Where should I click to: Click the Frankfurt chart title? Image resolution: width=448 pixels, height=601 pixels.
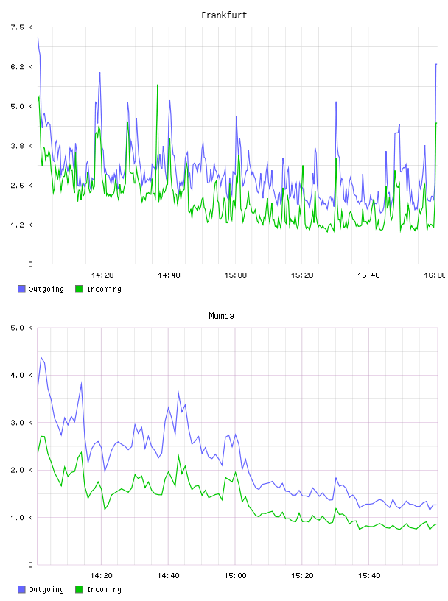point(224,15)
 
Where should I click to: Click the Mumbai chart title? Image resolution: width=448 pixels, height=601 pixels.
point(223,316)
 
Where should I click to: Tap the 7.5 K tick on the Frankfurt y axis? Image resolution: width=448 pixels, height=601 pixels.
point(21,27)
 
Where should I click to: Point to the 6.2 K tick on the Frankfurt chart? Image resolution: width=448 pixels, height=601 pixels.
point(21,67)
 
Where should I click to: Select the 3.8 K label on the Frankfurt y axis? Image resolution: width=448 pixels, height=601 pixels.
point(21,146)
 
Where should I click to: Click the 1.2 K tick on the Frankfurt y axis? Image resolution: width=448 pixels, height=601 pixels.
point(21,225)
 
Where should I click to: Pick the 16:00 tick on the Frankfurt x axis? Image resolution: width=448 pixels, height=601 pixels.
point(435,275)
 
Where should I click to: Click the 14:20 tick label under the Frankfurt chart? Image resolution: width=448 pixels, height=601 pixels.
point(102,275)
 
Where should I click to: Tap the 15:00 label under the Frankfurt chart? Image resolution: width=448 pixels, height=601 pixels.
point(236,275)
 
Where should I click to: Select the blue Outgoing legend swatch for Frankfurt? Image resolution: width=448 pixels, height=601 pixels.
point(21,289)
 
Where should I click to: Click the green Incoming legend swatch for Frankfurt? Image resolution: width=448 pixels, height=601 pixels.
point(79,289)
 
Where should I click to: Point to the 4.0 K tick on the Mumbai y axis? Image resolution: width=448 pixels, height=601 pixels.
point(21,376)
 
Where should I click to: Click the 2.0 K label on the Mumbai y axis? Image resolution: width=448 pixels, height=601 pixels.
point(21,471)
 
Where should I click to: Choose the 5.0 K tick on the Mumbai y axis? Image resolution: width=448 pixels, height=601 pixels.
point(21,328)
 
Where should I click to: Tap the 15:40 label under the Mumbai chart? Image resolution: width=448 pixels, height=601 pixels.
point(369,576)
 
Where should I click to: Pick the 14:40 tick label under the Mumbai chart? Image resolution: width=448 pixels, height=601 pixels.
point(169,576)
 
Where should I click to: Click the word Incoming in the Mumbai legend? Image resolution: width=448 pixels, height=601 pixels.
point(104,589)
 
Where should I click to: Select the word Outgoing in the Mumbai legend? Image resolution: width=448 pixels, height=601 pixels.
point(46,589)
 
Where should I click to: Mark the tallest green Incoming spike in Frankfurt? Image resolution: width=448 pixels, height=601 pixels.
point(157,85)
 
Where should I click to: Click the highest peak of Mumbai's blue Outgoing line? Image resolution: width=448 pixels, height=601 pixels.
point(41,358)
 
